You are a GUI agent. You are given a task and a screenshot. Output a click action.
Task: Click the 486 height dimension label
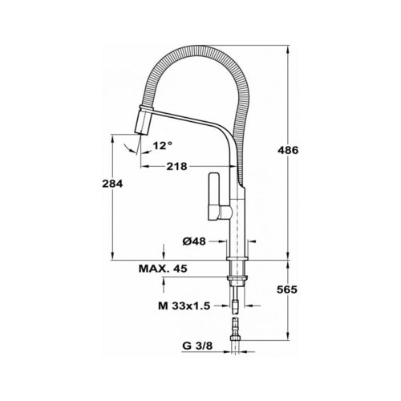pyautogui.click(x=288, y=150)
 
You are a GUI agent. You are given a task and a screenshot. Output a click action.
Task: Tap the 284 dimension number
pyautogui.click(x=112, y=184)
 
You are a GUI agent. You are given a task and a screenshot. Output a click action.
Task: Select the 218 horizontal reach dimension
pyautogui.click(x=176, y=167)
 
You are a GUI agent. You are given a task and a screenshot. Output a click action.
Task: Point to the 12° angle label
pyautogui.click(x=163, y=146)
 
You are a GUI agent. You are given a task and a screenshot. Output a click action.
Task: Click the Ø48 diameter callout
pyautogui.click(x=194, y=241)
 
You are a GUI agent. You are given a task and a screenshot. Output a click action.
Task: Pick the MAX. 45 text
pyautogui.click(x=163, y=269)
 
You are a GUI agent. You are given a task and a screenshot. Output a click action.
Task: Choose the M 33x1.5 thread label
pyautogui.click(x=184, y=306)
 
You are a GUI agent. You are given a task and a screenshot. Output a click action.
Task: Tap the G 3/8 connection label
pyautogui.click(x=197, y=346)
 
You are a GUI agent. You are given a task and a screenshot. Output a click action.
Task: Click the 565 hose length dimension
pyautogui.click(x=287, y=290)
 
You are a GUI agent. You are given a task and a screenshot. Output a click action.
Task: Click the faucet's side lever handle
pyautogui.click(x=213, y=196)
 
